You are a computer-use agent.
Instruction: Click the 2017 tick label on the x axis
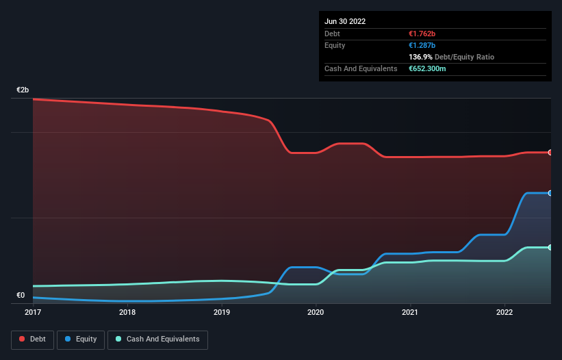pyautogui.click(x=33, y=312)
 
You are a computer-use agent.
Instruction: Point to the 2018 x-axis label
pyautogui.click(x=127, y=312)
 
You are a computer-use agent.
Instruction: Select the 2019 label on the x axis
pyautogui.click(x=222, y=312)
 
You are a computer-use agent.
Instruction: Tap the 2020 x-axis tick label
pyautogui.click(x=316, y=312)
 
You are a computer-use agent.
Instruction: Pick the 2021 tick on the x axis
pyautogui.click(x=410, y=312)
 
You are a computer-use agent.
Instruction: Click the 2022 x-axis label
pyautogui.click(x=504, y=312)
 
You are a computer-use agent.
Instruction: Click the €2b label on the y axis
pyautogui.click(x=23, y=90)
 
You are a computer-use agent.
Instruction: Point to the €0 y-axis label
pyautogui.click(x=21, y=296)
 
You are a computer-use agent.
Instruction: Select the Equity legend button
pyautogui.click(x=81, y=339)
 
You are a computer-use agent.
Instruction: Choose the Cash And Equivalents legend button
pyautogui.click(x=157, y=339)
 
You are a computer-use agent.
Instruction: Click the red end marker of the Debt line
pyautogui.click(x=550, y=152)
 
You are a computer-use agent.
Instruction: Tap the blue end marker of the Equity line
pyautogui.click(x=550, y=193)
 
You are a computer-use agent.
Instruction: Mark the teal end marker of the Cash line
pyautogui.click(x=550, y=247)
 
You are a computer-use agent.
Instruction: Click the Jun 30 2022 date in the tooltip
pyautogui.click(x=345, y=21)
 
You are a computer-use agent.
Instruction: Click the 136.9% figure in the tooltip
pyautogui.click(x=420, y=57)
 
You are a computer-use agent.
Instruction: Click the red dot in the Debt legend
pyautogui.click(x=23, y=339)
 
